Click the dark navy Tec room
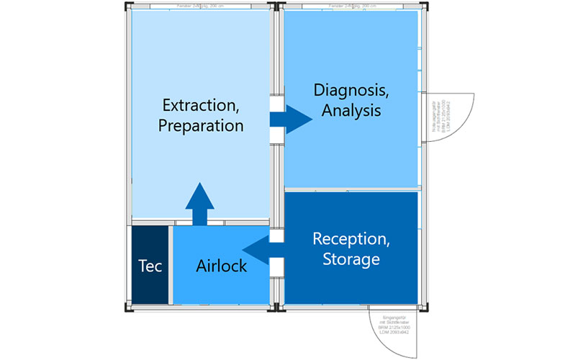pyautogui.click(x=150, y=266)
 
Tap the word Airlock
pyautogui.click(x=221, y=266)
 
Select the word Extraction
pyautogui.click(x=202, y=106)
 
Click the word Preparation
pyautogui.click(x=202, y=125)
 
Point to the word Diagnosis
pyautogui.click(x=350, y=91)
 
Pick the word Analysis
pyautogui.click(x=351, y=112)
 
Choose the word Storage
pyautogui.click(x=351, y=258)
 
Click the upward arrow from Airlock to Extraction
pyautogui.click(x=200, y=204)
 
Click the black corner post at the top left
pyautogui.click(x=126, y=6)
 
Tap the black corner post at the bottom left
pyautogui.click(x=127, y=309)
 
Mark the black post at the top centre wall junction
pyautogui.click(x=276, y=6)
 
